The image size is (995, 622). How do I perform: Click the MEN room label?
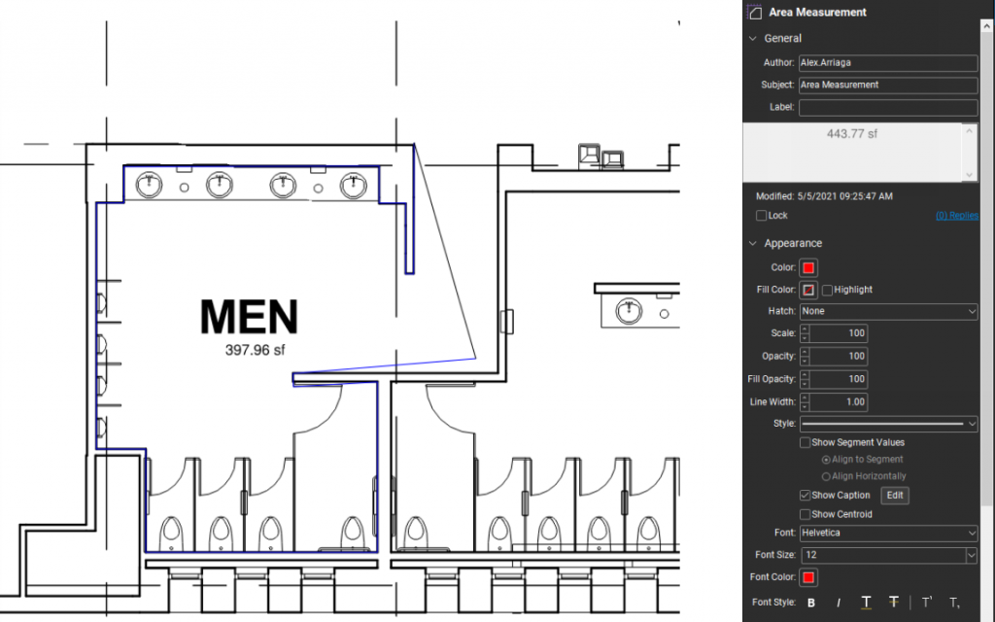pos(249,317)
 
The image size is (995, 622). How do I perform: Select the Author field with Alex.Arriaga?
pos(887,62)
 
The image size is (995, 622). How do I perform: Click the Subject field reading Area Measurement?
pos(887,85)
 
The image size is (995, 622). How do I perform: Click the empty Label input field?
pos(887,107)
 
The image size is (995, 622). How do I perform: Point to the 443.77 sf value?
pos(851,134)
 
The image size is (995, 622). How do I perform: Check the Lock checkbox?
pos(762,216)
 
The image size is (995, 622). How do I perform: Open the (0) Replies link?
pos(956,216)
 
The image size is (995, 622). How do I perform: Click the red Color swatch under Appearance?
pos(808,267)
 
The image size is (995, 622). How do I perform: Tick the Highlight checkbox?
pos(827,290)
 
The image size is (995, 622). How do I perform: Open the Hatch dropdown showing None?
pos(887,311)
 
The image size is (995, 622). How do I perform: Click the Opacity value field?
pos(839,357)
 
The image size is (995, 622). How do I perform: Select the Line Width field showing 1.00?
pos(839,401)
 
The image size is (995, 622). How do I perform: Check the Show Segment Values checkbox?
pos(805,443)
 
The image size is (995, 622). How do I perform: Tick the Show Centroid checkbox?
pos(805,514)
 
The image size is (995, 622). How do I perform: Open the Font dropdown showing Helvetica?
pos(887,534)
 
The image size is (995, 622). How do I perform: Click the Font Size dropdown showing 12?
pos(887,555)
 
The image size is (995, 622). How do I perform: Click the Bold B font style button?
pos(811,603)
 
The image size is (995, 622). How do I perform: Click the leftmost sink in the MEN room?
pos(149,184)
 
